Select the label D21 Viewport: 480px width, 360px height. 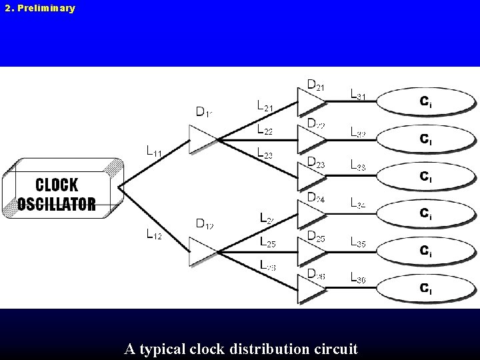[316, 85]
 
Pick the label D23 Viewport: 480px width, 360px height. [316, 161]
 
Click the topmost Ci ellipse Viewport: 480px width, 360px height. [427, 102]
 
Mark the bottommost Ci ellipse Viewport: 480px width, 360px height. [427, 289]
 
